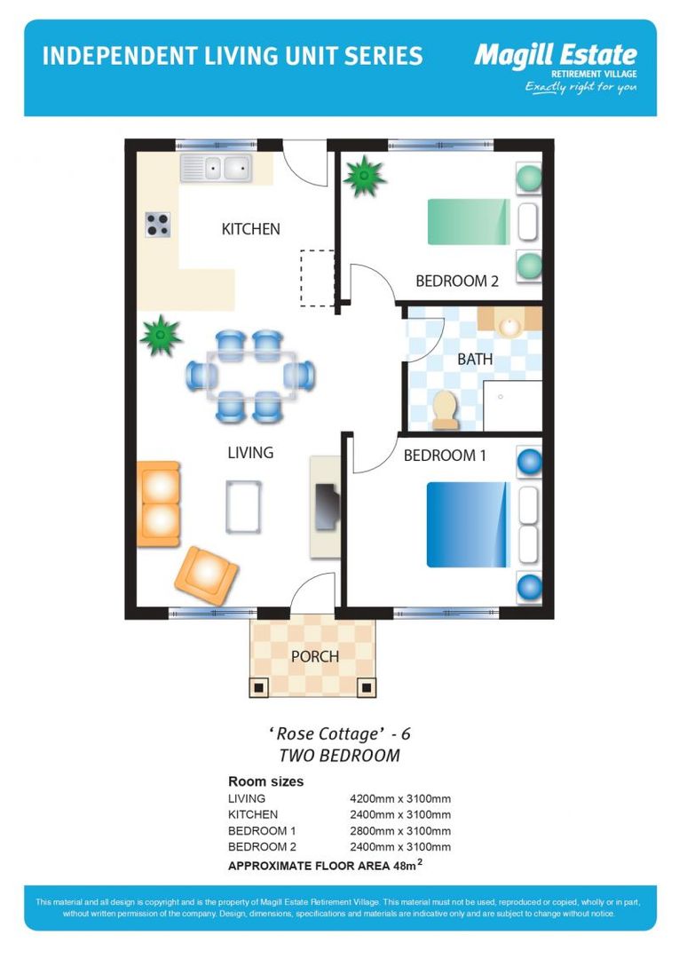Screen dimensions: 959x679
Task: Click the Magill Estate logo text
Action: [x=555, y=56]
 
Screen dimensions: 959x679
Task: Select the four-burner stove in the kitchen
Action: [x=158, y=226]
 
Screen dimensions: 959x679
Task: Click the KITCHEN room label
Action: [x=250, y=229]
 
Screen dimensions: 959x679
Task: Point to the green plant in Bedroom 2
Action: [x=364, y=176]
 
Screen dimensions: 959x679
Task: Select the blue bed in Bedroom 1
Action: [x=468, y=524]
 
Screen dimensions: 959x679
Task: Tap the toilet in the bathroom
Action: [x=444, y=410]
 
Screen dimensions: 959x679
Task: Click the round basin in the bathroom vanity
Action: [x=509, y=326]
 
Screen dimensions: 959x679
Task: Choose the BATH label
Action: [x=475, y=360]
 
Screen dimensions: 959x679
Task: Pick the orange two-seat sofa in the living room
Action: [x=159, y=503]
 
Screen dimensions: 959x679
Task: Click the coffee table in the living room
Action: [x=243, y=506]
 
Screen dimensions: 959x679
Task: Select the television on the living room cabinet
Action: [x=327, y=506]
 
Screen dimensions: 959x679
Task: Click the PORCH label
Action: [x=314, y=656]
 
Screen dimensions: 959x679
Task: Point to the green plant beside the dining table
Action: [x=161, y=336]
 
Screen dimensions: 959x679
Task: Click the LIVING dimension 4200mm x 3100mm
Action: [x=400, y=798]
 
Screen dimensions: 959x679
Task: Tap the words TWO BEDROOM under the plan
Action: [x=339, y=756]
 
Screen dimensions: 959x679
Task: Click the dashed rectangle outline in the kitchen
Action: [x=317, y=278]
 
